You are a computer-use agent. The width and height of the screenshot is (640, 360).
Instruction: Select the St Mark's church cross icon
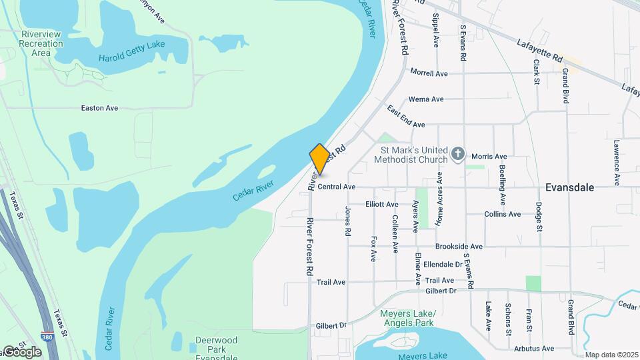[457, 155]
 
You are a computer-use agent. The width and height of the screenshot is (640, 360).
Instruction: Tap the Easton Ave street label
[99, 107]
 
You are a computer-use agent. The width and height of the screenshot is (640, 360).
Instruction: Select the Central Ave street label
[337, 187]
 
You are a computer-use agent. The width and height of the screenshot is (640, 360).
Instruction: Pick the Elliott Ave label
[382, 204]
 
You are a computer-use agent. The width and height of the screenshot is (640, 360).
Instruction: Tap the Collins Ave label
[503, 214]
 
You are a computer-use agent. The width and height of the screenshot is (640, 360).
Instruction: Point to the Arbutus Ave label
[533, 348]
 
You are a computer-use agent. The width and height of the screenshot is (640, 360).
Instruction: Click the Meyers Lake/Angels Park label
[407, 318]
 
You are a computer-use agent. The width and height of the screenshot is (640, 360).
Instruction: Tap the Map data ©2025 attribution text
[611, 355]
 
